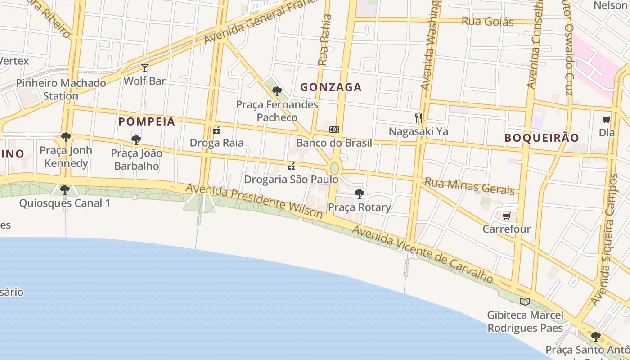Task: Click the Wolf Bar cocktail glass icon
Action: click(x=144, y=68)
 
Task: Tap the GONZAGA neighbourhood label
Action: click(x=331, y=87)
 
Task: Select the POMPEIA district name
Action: click(x=147, y=121)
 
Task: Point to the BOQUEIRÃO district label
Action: click(x=541, y=138)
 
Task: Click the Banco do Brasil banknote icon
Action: click(x=334, y=130)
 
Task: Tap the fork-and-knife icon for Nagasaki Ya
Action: click(x=418, y=118)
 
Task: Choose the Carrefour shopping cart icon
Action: click(x=506, y=216)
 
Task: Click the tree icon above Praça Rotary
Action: click(x=359, y=194)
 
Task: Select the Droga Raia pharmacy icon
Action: click(x=216, y=130)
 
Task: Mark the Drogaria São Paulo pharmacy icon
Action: click(x=291, y=166)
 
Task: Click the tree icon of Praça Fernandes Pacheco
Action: click(x=277, y=91)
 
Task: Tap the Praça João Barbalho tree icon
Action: click(x=136, y=140)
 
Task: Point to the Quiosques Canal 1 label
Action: click(x=64, y=203)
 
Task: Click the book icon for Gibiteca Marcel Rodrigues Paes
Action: click(x=525, y=301)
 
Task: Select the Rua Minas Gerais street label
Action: click(x=470, y=186)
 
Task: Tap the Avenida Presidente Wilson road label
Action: click(x=254, y=201)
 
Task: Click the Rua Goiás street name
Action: click(x=487, y=21)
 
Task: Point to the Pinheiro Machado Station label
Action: click(x=61, y=89)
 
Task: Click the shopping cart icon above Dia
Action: click(x=607, y=120)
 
